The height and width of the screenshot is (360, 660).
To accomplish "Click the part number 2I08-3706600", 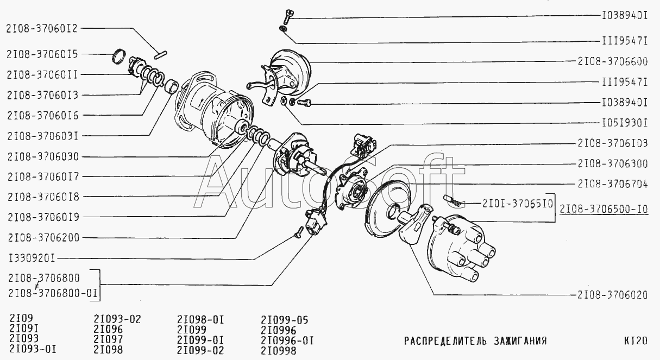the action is [x=613, y=61].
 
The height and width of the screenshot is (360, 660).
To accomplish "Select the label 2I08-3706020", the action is [x=612, y=295].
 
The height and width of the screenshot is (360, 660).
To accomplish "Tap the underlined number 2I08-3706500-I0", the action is [x=604, y=209].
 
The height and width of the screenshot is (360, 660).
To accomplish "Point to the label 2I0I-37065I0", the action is [x=518, y=204].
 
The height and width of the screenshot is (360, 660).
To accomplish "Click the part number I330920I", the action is [x=32, y=258].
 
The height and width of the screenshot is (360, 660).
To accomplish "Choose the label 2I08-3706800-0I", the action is [x=53, y=294].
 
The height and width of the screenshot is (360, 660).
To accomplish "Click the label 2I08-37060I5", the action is [x=42, y=54].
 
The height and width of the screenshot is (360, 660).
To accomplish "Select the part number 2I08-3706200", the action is [x=43, y=237].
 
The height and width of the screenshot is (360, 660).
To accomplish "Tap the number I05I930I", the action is [x=624, y=123].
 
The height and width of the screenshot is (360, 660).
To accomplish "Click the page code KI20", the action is [x=636, y=341].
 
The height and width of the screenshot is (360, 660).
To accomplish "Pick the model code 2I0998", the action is [x=279, y=351].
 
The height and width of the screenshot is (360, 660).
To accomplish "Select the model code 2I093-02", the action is [x=117, y=319].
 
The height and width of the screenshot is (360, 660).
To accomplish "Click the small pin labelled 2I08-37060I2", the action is [x=161, y=55].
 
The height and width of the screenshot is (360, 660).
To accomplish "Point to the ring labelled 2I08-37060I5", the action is [x=119, y=56].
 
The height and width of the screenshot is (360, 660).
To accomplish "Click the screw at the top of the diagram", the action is [x=288, y=16].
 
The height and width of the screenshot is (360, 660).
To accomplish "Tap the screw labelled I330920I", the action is [x=299, y=232].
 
